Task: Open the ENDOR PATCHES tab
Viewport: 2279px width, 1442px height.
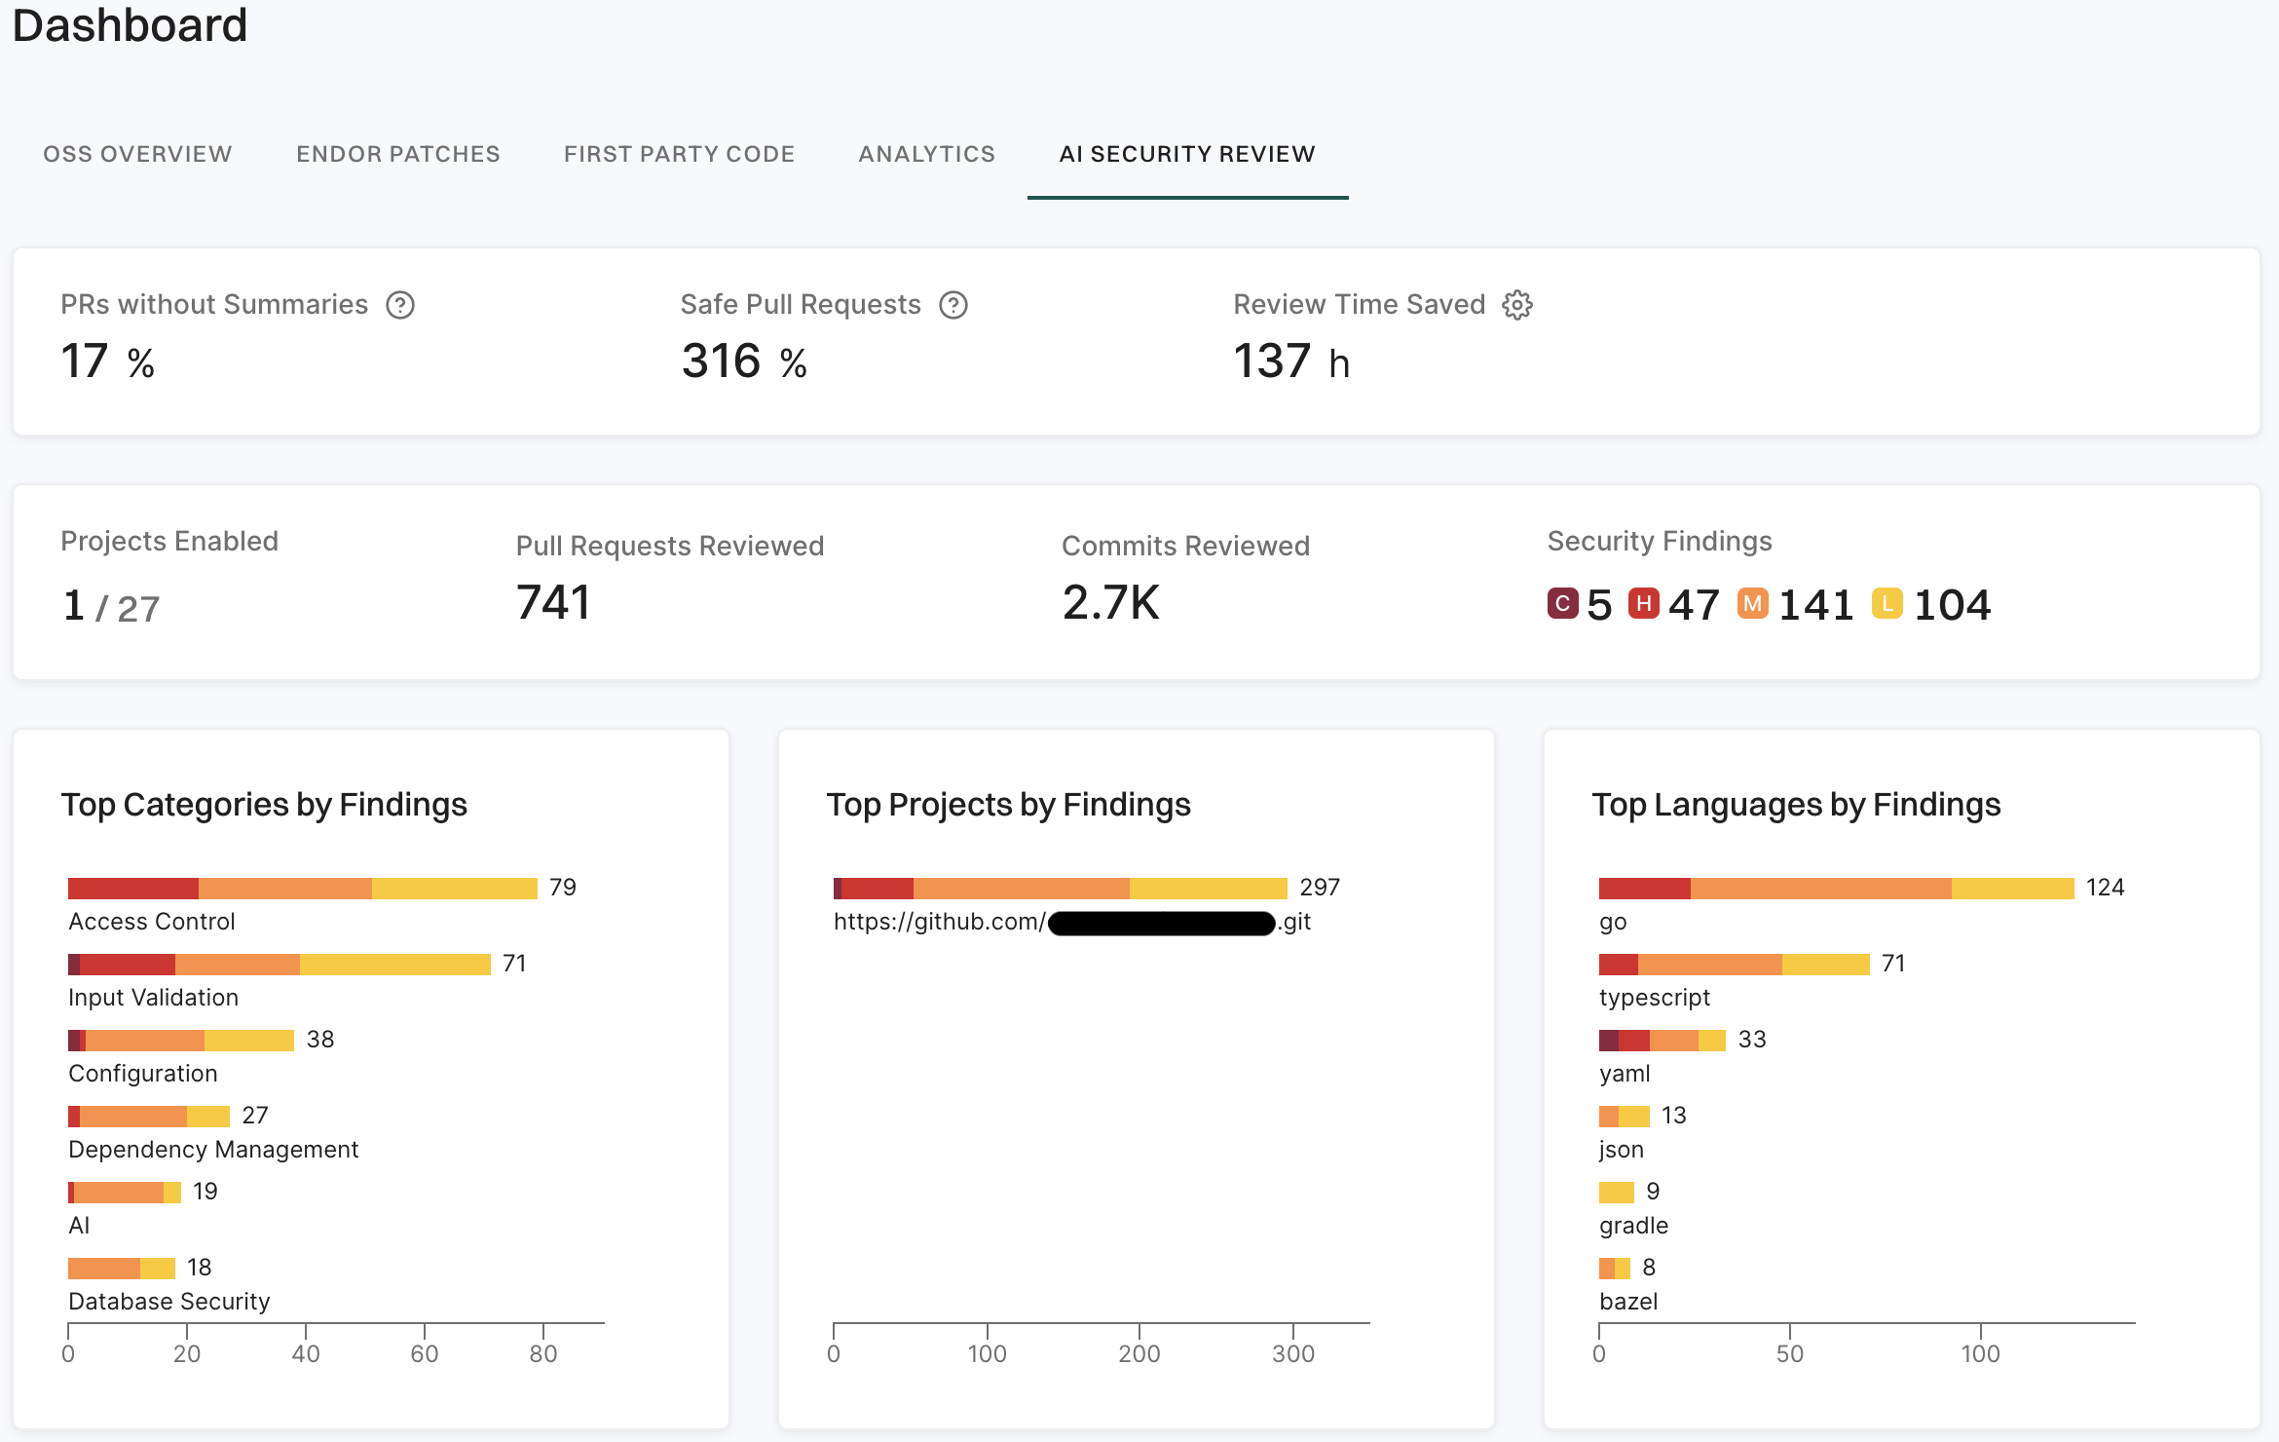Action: [x=397, y=154]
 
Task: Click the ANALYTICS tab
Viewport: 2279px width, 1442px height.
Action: [x=926, y=154]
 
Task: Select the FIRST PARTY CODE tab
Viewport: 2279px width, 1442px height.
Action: [x=679, y=154]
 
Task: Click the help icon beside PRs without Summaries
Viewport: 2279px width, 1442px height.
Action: [x=400, y=305]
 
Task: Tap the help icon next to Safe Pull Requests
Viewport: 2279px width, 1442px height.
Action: [x=953, y=305]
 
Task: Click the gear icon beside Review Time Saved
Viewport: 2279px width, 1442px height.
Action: [x=1517, y=305]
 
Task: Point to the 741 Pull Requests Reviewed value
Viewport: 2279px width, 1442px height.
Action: [x=553, y=602]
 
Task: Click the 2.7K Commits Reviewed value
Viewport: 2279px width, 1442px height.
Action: [x=1110, y=602]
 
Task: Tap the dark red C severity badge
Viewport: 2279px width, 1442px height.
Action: [x=1562, y=604]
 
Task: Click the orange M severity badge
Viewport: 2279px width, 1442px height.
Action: [x=1752, y=604]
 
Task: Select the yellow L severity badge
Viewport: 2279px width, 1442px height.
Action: [x=1887, y=604]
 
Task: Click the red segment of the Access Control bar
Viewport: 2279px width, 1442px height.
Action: [x=133, y=889]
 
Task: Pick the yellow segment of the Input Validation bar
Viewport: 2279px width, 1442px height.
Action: [x=394, y=965]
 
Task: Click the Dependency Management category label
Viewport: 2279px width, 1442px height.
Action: [x=213, y=1150]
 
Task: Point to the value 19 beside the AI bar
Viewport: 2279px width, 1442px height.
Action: [x=205, y=1192]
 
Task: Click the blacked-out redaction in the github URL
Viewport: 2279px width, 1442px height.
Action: [x=1161, y=923]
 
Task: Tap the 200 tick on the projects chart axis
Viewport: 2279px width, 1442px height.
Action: [x=1139, y=1353]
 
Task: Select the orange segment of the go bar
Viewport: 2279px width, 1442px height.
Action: [x=1820, y=889]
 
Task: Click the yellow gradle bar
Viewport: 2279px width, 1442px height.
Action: [x=1616, y=1193]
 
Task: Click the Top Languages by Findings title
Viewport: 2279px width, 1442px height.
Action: [x=1796, y=805]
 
